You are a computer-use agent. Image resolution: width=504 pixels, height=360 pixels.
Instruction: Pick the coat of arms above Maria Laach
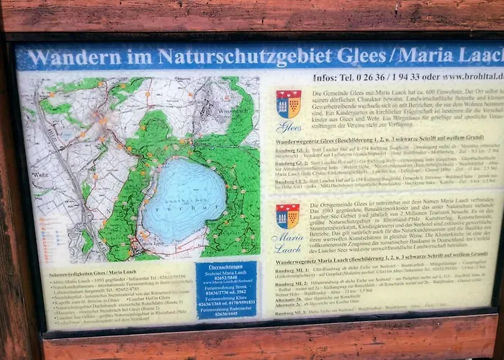[287, 215]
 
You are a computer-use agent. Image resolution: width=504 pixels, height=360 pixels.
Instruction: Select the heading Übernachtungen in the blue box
[225, 266]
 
